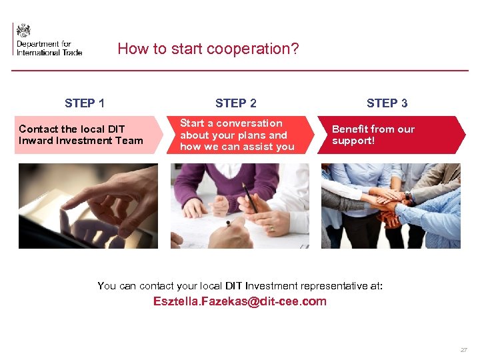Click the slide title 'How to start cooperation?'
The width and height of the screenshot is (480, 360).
tap(208, 49)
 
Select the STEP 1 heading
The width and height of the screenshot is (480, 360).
tap(85, 103)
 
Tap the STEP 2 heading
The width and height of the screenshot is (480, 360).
tap(236, 103)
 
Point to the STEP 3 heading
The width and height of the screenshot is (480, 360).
tap(387, 103)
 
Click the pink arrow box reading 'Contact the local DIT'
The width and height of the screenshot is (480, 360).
tap(87, 135)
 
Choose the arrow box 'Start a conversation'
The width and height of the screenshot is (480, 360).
tap(240, 135)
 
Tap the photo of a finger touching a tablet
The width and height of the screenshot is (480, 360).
tap(88, 206)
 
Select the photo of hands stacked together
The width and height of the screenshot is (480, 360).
tap(391, 206)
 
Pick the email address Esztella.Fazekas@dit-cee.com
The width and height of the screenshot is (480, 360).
tap(240, 301)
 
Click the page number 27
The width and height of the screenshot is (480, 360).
tap(463, 350)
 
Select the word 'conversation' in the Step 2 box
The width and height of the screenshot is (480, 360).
tap(255, 123)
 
